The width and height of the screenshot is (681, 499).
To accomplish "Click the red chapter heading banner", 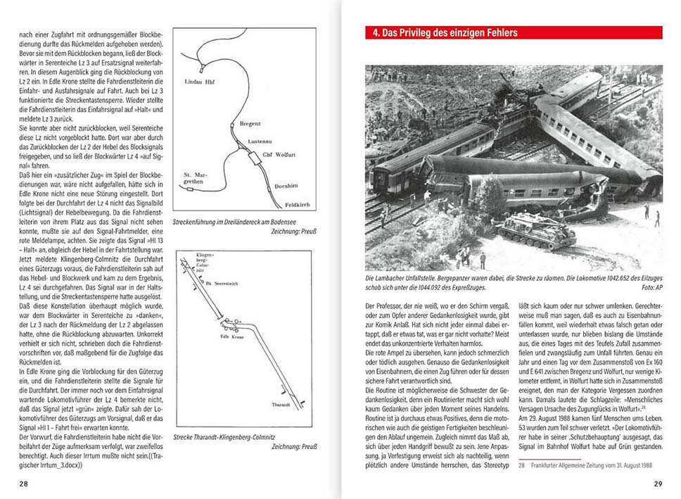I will click(x=513, y=33).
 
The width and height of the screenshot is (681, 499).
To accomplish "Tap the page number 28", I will click(x=24, y=484).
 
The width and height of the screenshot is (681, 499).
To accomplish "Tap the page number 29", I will click(x=658, y=484).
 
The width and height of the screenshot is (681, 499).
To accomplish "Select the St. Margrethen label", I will click(x=195, y=177).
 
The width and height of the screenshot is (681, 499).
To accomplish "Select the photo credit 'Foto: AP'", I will click(x=647, y=286).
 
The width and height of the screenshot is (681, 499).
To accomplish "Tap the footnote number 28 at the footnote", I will click(x=521, y=464).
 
